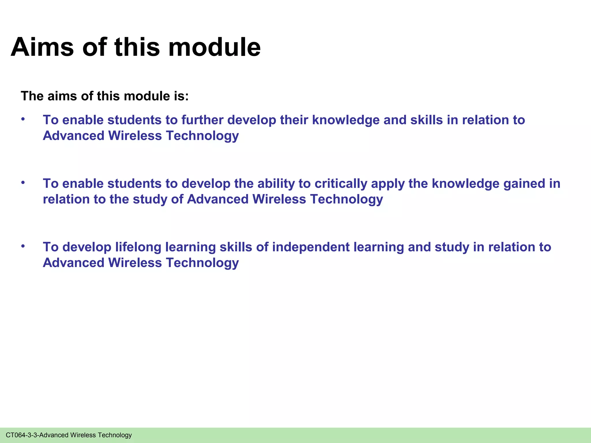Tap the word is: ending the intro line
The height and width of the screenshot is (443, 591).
coord(181,96)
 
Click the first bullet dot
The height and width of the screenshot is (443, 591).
coord(23,119)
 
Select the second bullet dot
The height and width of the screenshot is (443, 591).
coord(23,183)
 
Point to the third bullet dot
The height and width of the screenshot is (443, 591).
coord(23,246)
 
